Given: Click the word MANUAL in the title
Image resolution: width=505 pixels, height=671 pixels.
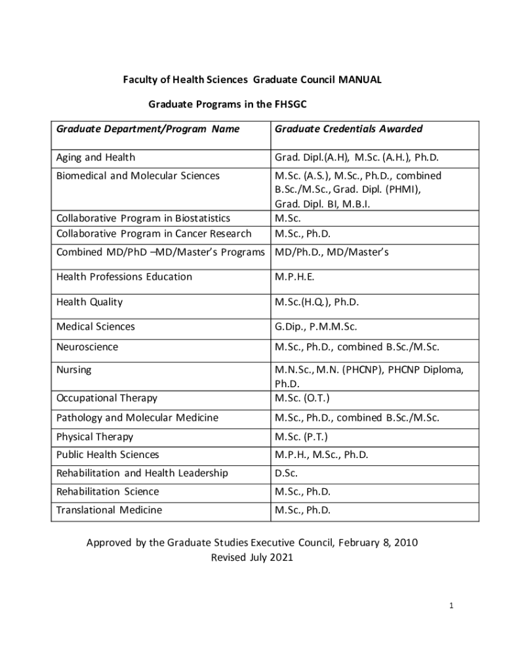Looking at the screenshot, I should (360, 80).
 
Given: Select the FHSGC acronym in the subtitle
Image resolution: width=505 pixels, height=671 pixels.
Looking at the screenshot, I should (289, 104).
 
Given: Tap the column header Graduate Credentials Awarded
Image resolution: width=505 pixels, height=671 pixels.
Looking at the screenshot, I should (348, 129).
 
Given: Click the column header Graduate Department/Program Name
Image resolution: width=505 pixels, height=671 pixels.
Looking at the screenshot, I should (148, 129).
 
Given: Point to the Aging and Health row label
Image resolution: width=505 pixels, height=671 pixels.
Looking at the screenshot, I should (96, 157).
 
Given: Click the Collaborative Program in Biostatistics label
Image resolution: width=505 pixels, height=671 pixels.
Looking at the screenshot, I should (143, 218).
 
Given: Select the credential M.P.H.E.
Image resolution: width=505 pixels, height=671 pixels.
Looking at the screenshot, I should (294, 277).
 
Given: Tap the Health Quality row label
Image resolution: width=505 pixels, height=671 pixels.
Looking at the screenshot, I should (89, 302).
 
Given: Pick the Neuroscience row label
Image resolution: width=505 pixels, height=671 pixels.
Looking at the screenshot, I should (87, 347).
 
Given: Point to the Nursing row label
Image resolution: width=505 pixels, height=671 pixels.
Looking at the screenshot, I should (74, 370).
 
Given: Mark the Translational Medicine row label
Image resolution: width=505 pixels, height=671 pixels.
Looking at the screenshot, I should (109, 510).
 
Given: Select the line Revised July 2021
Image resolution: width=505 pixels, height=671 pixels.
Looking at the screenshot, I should (252, 558).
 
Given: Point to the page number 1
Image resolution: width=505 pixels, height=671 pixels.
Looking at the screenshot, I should (451, 605).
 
